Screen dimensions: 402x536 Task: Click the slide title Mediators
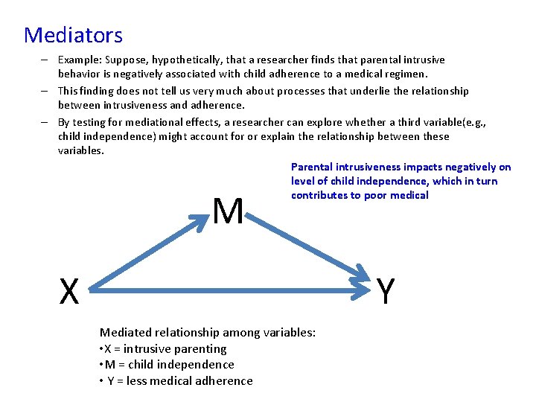point(73,35)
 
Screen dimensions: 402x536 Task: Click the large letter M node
point(228,212)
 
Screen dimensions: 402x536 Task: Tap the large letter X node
point(69,292)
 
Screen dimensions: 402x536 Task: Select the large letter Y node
point(385,292)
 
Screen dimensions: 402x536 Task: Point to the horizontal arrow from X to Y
point(231,284)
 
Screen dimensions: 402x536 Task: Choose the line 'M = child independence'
point(167,364)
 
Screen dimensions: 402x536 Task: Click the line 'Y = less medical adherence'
point(177,380)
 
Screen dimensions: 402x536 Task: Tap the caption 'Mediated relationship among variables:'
point(208,332)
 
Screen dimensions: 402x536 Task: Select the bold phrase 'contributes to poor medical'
point(360,195)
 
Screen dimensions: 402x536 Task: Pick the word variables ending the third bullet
point(81,150)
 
